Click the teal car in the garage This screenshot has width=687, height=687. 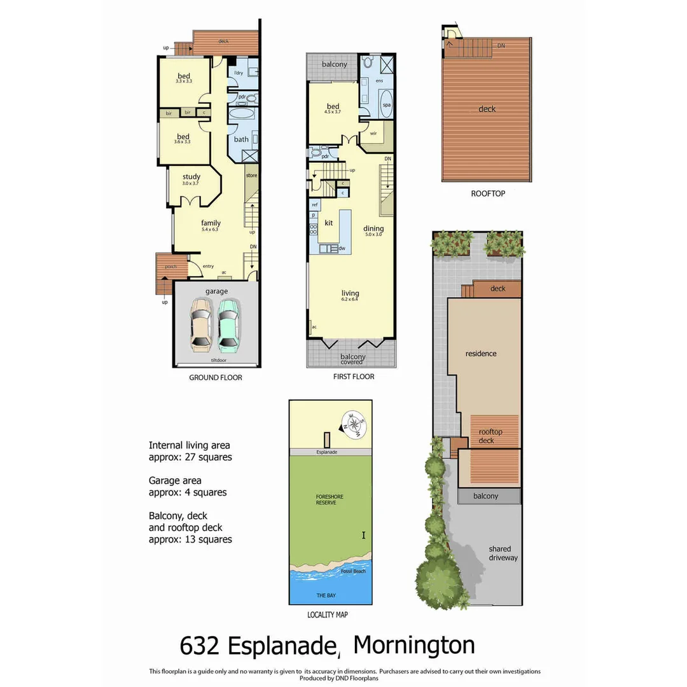point(228,326)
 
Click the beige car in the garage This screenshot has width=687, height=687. point(201,326)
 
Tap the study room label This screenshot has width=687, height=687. point(191,177)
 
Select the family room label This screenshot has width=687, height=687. point(211,223)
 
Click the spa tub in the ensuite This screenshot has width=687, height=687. point(386,104)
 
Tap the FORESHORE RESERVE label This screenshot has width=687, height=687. point(326,499)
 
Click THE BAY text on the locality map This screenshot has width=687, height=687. point(326,595)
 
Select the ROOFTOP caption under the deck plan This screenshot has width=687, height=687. point(488,193)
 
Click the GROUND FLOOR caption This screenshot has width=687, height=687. point(215,377)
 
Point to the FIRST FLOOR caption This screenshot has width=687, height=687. point(353,377)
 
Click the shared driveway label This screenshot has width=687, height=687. point(503,553)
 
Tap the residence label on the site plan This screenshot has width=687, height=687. point(481,354)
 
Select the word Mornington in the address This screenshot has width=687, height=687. point(413,645)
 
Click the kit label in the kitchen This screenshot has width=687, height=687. point(329,223)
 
